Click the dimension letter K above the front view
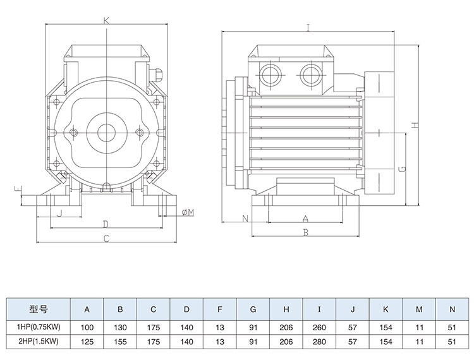107,21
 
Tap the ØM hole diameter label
187,212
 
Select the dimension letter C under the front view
107,238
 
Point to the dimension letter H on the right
415,124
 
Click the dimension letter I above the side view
307,28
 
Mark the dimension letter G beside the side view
401,169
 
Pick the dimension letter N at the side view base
245,219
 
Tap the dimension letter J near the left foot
59,213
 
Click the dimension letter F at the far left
20,189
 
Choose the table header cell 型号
39,309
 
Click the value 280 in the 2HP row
320,342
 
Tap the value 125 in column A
87,342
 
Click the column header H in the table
286,309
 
